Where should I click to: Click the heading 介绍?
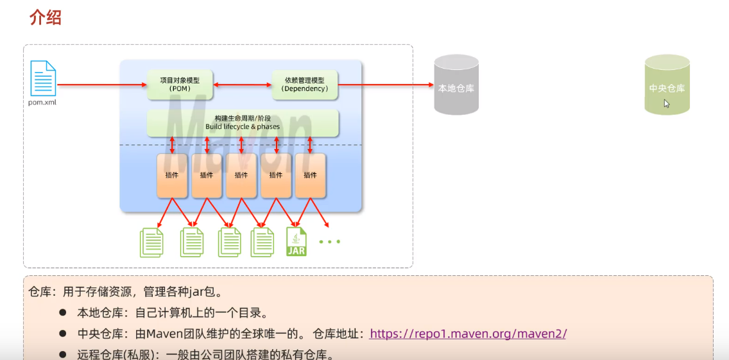46,17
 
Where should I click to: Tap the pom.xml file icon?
42,78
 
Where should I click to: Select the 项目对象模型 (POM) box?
180,84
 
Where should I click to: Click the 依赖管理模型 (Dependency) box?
305,84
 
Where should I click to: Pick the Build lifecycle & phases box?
243,123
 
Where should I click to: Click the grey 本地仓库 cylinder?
456,85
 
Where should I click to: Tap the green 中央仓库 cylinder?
667,85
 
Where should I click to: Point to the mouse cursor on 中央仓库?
666,103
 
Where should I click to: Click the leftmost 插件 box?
172,175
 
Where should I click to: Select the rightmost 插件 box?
311,175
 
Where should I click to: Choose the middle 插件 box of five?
241,175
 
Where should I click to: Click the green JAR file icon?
296,242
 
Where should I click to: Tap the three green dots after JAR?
329,242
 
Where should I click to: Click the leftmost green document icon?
151,242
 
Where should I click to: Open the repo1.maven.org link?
468,334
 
